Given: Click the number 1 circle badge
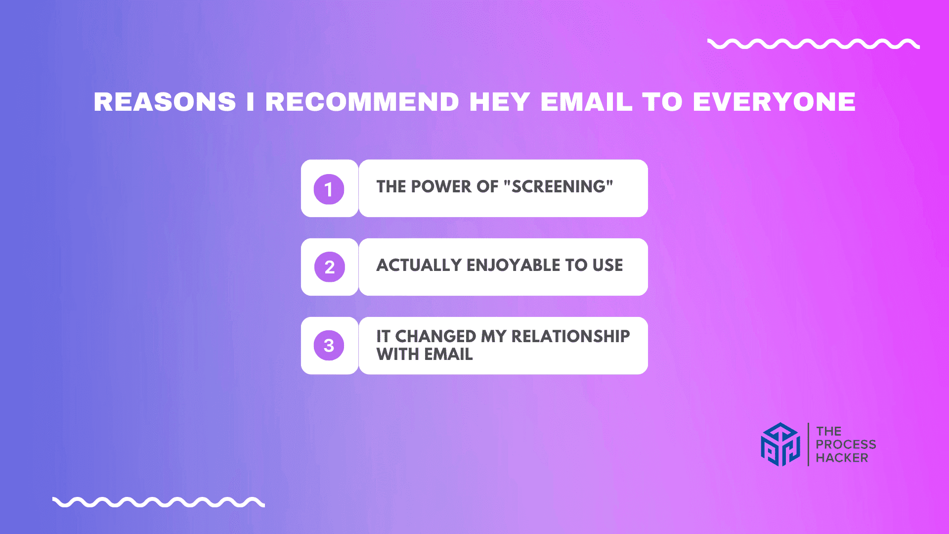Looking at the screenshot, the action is (329, 189).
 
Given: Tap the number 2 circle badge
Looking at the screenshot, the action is (330, 267).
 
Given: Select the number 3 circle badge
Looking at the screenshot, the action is (329, 345).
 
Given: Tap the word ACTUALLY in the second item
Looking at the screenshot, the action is (419, 265).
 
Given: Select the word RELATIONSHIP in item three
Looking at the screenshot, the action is (570, 336).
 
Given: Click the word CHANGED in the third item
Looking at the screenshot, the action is (435, 336).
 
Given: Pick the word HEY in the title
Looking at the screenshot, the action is (500, 102).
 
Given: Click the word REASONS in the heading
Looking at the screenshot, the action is (165, 102).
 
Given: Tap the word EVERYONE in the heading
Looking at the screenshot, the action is (774, 102).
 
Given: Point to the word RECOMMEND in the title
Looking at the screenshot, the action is (362, 102).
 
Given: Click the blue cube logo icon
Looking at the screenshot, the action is (780, 445).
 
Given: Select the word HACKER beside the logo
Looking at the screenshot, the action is (842, 458).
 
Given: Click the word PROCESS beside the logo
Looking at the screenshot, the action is (846, 445).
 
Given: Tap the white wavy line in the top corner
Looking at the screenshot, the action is (814, 44).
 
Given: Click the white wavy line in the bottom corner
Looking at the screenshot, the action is (159, 502).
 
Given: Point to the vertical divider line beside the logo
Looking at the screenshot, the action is (809, 445).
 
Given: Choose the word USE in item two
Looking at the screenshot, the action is (608, 265).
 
